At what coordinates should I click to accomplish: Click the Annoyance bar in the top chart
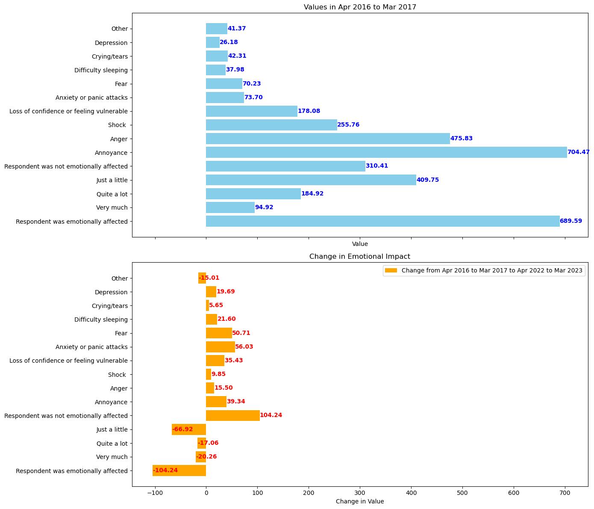(386, 152)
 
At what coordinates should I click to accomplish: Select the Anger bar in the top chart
(328, 139)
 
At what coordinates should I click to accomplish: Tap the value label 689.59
(571, 221)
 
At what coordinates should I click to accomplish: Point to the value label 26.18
(229, 42)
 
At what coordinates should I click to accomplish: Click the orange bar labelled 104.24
(232, 415)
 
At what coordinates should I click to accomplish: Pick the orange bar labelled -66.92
(189, 429)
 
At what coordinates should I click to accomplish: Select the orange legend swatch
(391, 270)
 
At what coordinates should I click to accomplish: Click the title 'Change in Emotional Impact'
(359, 257)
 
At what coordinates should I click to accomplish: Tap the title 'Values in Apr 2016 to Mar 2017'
(359, 7)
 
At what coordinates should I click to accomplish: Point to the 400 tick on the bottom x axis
(411, 493)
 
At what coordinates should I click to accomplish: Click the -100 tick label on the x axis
(155, 493)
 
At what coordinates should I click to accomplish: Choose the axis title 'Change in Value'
(359, 501)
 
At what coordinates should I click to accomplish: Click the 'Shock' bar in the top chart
(271, 125)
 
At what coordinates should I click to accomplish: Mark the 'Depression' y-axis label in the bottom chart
(111, 292)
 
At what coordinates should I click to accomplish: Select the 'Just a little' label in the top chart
(112, 180)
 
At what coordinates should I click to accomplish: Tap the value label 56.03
(244, 347)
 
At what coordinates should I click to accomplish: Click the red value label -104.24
(165, 471)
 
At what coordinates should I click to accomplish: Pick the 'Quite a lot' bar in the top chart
(253, 194)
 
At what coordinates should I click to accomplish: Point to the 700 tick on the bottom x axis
(565, 493)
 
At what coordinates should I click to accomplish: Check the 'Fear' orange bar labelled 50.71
(219, 333)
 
